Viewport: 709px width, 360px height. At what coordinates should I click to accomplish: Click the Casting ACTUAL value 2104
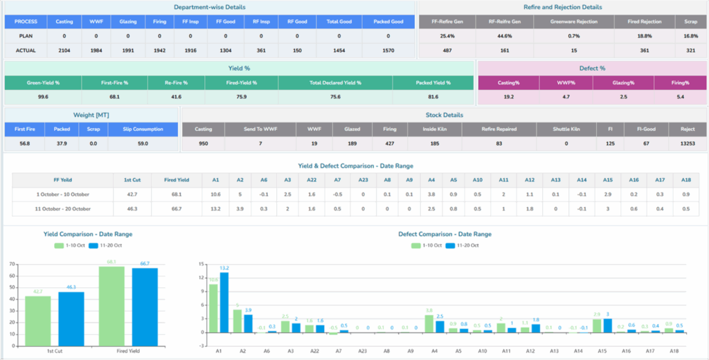(x=64, y=50)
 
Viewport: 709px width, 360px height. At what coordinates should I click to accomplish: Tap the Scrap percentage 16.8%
(x=690, y=35)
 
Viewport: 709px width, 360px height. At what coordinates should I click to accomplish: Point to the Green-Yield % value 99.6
(x=42, y=97)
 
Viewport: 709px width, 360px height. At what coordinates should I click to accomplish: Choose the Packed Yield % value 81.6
(x=433, y=97)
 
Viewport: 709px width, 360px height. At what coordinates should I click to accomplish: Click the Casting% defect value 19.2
(x=508, y=97)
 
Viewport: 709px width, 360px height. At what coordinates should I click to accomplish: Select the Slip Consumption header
(x=143, y=129)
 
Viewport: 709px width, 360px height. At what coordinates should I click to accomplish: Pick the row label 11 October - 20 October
(x=62, y=208)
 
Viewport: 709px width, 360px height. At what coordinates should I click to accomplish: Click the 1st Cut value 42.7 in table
(x=133, y=194)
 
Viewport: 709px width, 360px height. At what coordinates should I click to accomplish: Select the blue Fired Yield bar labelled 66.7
(x=145, y=304)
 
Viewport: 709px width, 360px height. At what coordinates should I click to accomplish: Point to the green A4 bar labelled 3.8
(x=429, y=323)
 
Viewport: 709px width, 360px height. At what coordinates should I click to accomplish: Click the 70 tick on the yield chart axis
(x=12, y=264)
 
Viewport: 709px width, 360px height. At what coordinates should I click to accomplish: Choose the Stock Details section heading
(x=444, y=115)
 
